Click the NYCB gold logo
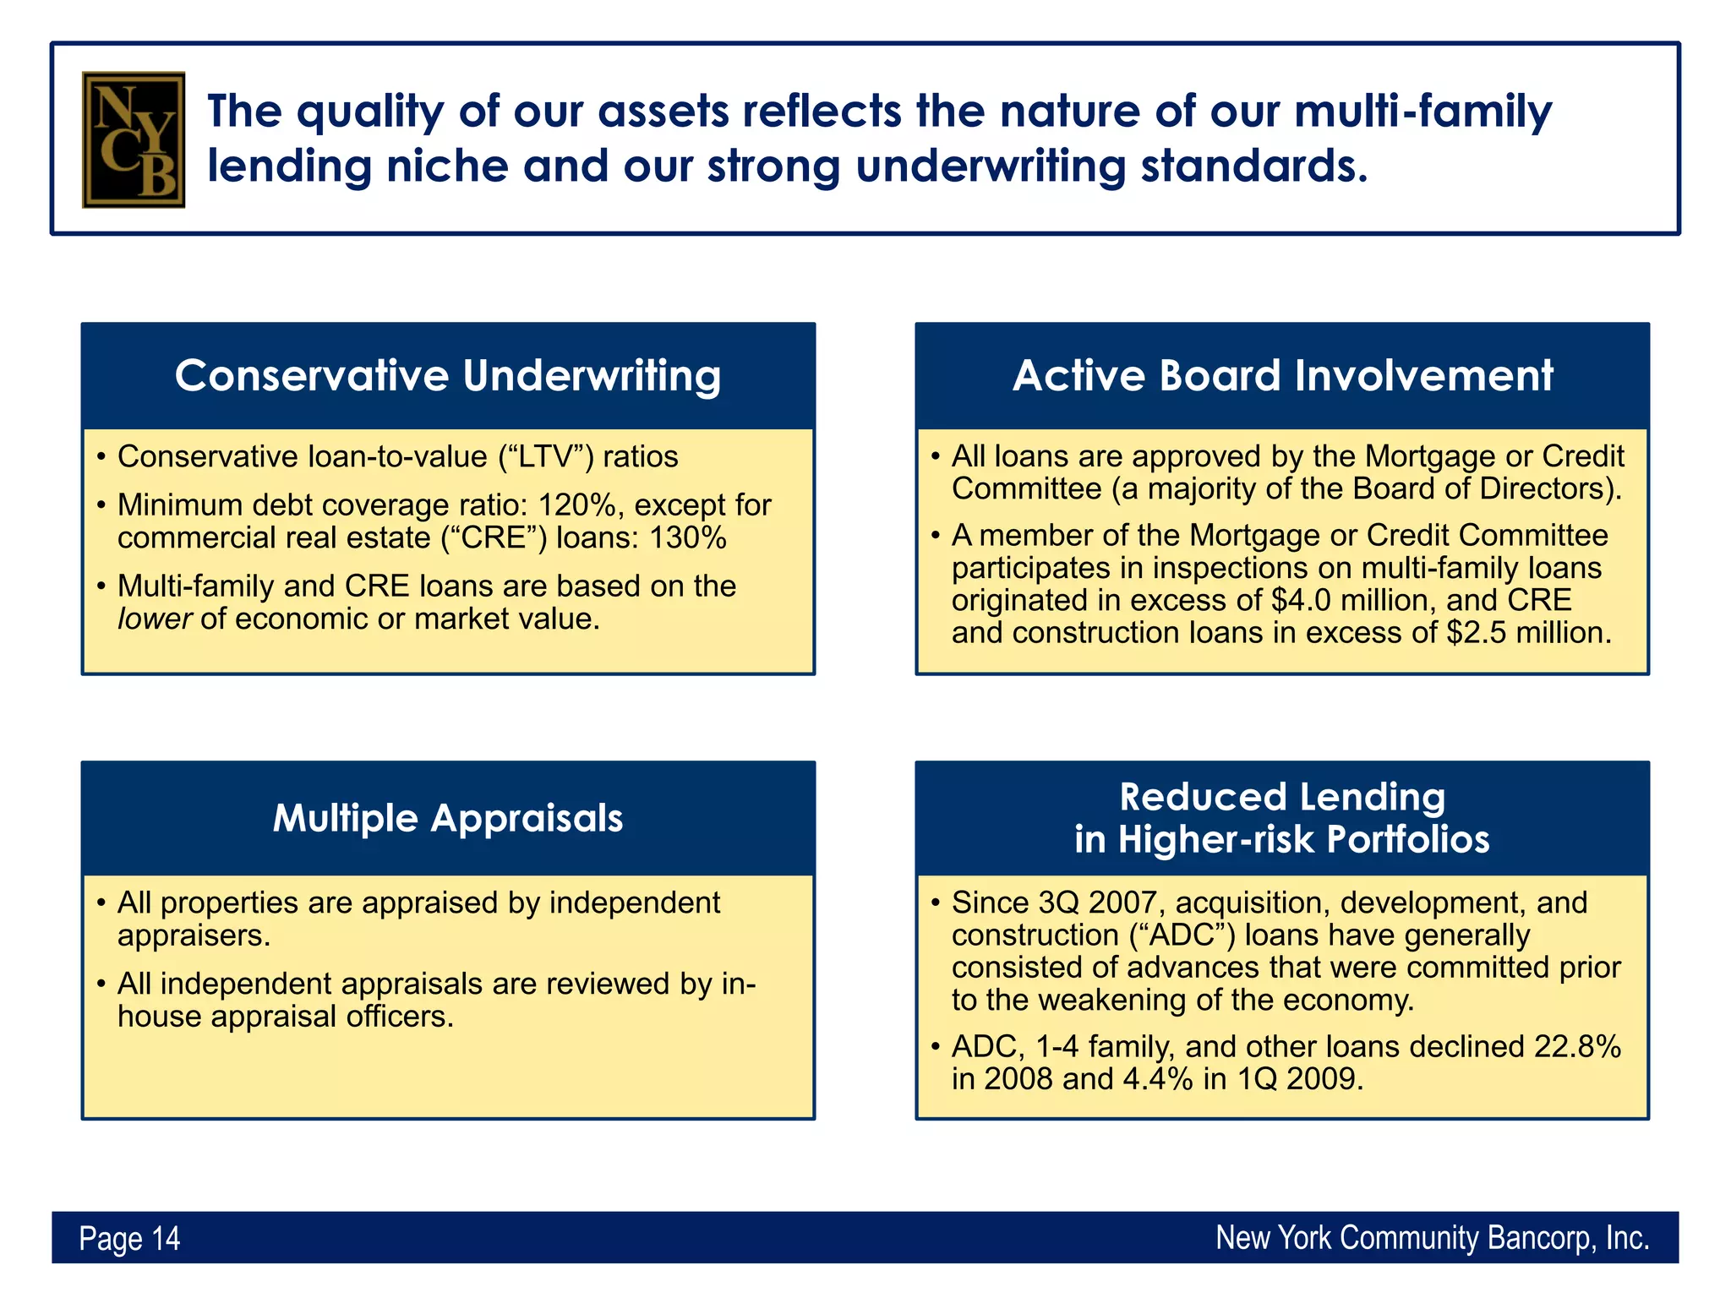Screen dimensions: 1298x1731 pos(133,139)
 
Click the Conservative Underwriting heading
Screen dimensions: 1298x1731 pos(447,376)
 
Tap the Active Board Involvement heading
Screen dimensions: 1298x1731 pos(1282,376)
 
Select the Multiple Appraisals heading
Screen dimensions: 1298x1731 pos(447,818)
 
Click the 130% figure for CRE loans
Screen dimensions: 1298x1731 pos(687,538)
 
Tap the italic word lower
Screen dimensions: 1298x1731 pos(155,619)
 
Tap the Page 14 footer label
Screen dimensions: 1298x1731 pos(129,1238)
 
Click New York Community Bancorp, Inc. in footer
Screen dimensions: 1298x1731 pos(1432,1238)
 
